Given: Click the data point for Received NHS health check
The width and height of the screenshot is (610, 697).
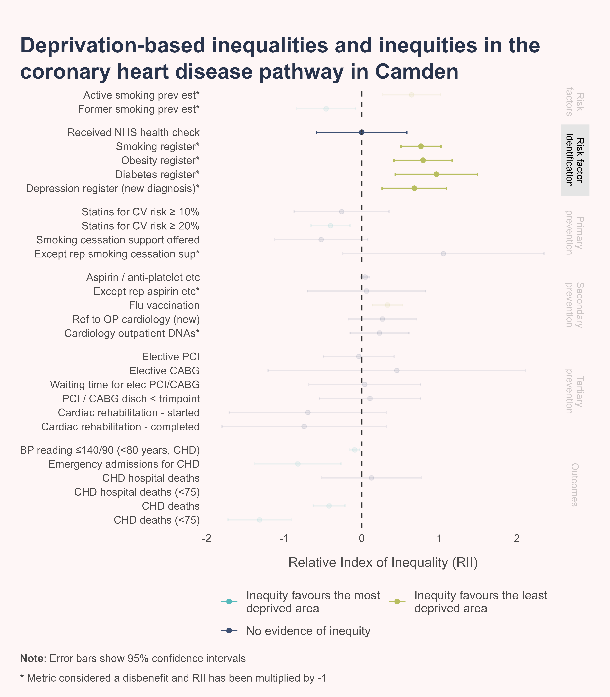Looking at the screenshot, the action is (x=362, y=132).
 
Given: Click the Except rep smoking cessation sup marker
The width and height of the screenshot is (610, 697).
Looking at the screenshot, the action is (x=443, y=254).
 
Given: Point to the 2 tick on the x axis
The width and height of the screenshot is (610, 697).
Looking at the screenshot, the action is (x=517, y=538).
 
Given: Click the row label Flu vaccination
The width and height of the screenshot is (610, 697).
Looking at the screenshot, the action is (x=164, y=305).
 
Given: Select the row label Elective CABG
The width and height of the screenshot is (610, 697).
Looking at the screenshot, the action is (x=165, y=370).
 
